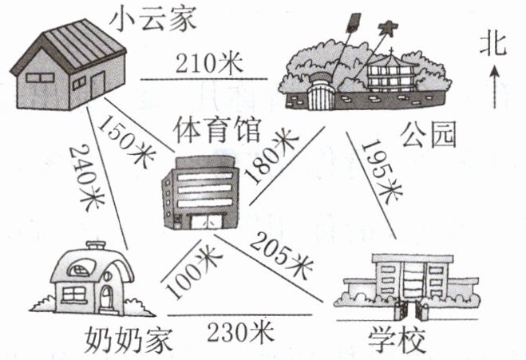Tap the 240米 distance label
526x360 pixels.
(86, 174)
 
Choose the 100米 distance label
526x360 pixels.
(189, 267)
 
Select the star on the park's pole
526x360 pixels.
(388, 30)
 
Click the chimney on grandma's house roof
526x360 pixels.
(97, 247)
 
